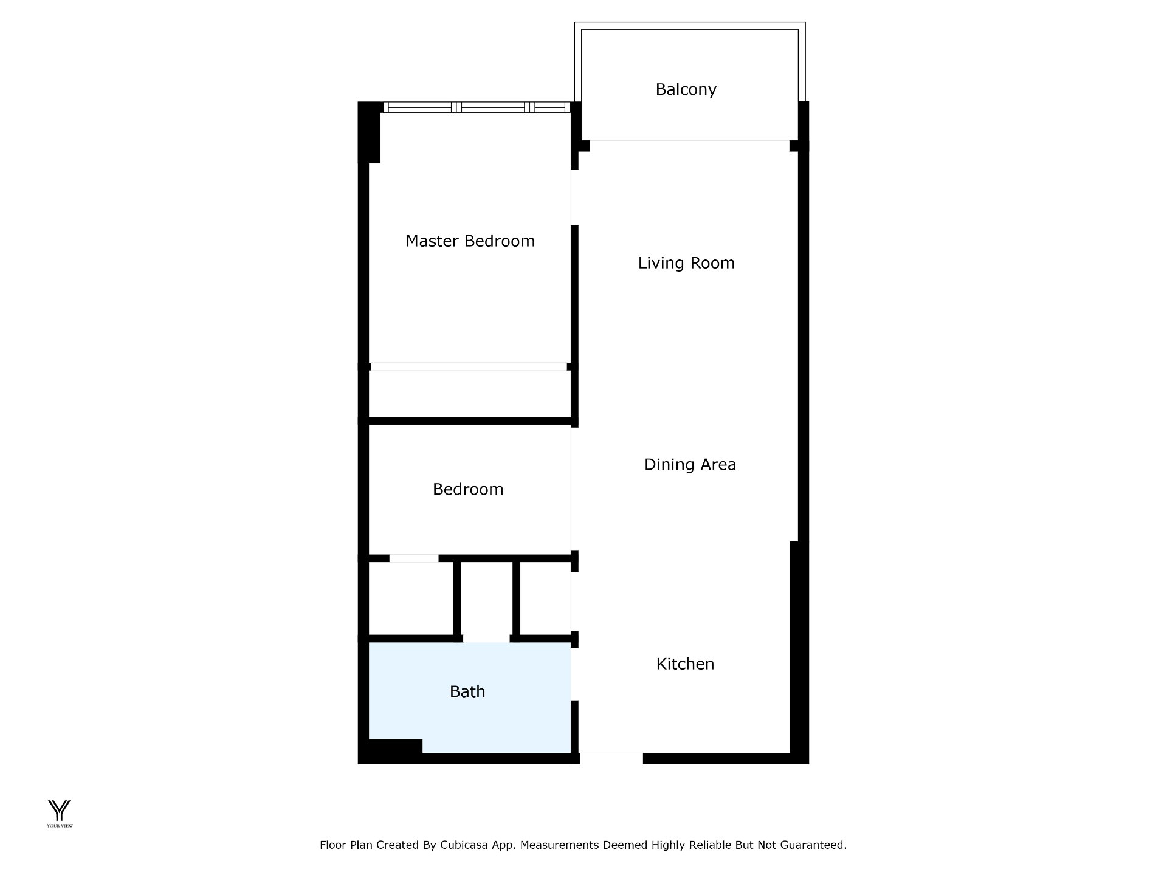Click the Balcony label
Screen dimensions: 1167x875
(x=686, y=89)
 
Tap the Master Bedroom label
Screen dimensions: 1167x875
(x=470, y=241)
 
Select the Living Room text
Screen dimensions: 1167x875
(x=686, y=263)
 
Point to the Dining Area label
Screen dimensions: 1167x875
(x=690, y=465)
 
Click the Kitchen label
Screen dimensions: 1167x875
(x=685, y=664)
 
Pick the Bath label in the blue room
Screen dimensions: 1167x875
(x=467, y=691)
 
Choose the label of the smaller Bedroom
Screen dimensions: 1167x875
(x=468, y=489)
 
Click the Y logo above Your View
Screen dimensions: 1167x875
(x=60, y=810)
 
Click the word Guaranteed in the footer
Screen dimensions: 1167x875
(x=814, y=845)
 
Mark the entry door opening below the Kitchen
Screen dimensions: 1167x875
(x=611, y=758)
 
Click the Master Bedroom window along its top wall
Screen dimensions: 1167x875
(x=477, y=108)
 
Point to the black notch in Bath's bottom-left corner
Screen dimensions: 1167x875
(x=395, y=747)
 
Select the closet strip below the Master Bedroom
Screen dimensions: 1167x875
(x=469, y=394)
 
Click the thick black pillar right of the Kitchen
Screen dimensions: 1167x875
(x=799, y=648)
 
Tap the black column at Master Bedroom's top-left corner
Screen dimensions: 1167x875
(x=369, y=132)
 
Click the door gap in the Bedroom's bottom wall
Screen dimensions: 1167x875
(x=414, y=558)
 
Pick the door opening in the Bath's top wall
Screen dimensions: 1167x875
(x=486, y=639)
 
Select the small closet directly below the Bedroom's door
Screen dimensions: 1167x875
(x=411, y=599)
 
